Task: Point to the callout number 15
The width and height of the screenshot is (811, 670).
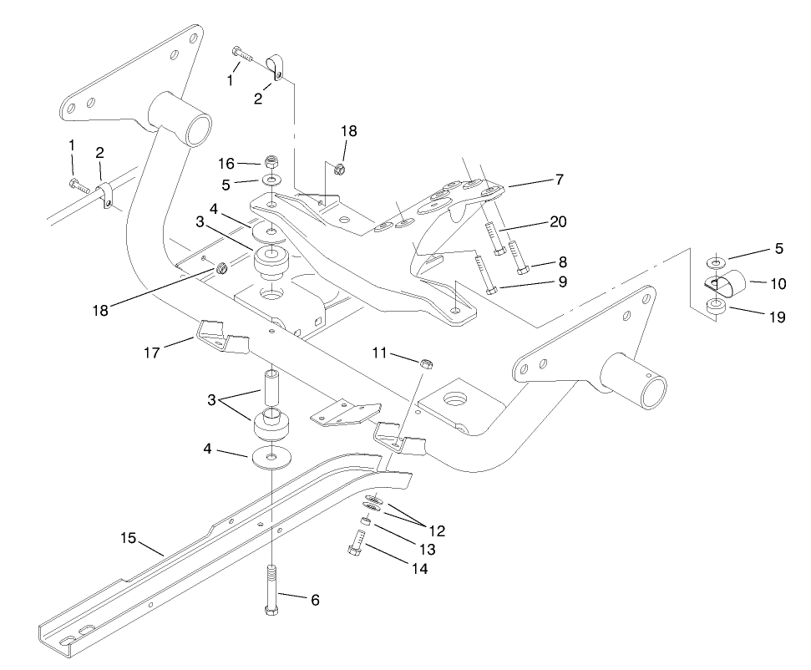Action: pyautogui.click(x=127, y=538)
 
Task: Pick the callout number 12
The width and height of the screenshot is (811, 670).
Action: pyautogui.click(x=436, y=530)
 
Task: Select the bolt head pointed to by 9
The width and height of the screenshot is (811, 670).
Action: pyautogui.click(x=490, y=290)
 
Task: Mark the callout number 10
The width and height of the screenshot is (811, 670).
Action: pyautogui.click(x=778, y=284)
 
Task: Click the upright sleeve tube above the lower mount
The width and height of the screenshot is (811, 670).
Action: pyautogui.click(x=271, y=388)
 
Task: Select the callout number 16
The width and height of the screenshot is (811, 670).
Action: pyautogui.click(x=226, y=163)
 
